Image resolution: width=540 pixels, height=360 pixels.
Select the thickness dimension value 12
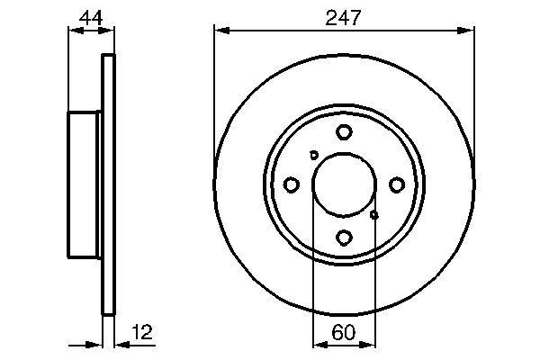(142, 332)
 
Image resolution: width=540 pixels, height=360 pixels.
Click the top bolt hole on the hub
(344, 132)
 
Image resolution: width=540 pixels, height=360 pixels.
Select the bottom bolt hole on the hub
(344, 238)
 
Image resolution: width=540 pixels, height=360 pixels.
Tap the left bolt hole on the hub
(291, 184)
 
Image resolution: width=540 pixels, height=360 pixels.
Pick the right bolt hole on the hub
(396, 184)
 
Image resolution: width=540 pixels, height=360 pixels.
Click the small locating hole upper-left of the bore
(313, 155)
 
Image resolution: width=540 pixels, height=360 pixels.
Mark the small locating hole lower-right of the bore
(374, 214)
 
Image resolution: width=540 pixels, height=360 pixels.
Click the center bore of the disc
(344, 184)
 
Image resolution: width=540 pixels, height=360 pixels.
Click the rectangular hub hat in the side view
(85, 184)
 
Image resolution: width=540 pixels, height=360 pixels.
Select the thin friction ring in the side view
(109, 184)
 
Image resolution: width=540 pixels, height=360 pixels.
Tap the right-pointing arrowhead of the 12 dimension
(97, 344)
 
